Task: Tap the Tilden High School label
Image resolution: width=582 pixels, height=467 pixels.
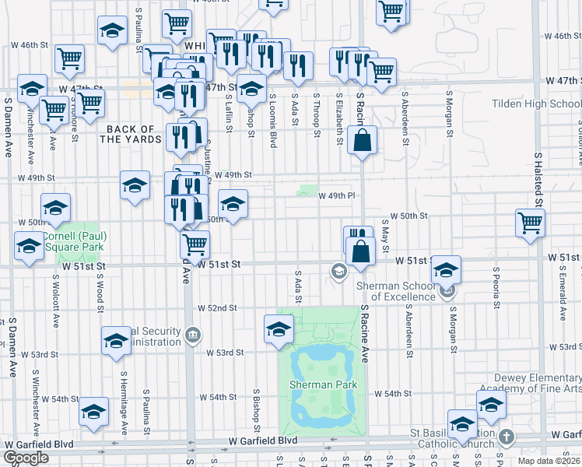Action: (x=536, y=104)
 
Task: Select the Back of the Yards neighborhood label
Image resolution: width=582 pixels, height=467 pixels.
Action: (x=131, y=134)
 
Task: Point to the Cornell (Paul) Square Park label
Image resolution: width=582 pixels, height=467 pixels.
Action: (x=74, y=241)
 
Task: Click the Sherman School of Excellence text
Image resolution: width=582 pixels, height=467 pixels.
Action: (x=394, y=290)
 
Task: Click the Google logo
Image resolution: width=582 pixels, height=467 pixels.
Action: (x=26, y=458)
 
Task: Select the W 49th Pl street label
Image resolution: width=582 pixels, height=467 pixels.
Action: (x=336, y=195)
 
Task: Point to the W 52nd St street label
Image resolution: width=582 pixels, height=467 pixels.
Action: (x=217, y=308)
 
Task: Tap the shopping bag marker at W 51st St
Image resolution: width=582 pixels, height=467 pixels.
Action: (x=361, y=251)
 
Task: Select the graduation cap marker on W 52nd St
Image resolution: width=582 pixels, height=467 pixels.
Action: (x=279, y=329)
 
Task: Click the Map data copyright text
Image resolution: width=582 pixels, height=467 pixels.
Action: (x=549, y=461)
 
